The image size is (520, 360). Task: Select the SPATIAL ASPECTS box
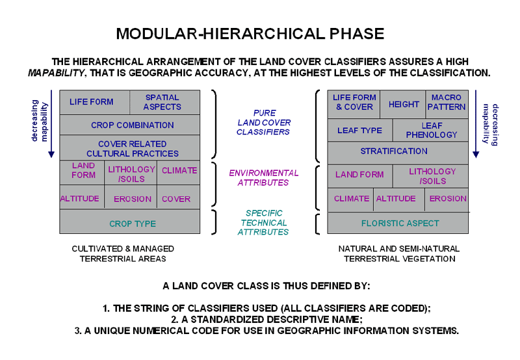(x=162, y=102)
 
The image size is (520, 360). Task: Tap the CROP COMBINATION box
(x=132, y=125)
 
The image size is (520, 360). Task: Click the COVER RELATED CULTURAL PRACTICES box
(x=132, y=148)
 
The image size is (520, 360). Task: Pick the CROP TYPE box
(x=132, y=224)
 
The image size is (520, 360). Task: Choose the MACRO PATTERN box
(x=447, y=102)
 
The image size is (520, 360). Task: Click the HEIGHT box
(x=404, y=104)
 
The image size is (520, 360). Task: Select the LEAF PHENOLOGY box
(x=431, y=130)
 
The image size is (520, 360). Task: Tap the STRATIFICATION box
(x=394, y=151)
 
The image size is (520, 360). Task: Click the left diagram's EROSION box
(x=132, y=198)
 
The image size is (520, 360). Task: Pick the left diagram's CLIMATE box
(x=179, y=170)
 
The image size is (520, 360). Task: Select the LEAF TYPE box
(x=359, y=130)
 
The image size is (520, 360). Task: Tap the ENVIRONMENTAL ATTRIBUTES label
(x=263, y=177)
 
